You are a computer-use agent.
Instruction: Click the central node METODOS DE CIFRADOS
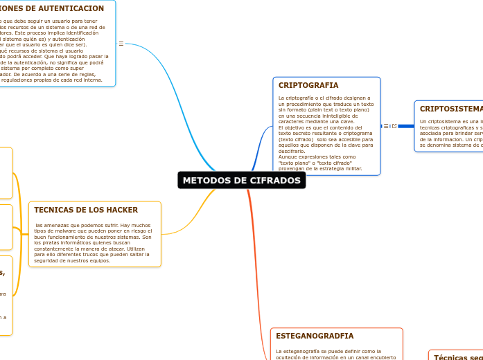click(x=241, y=181)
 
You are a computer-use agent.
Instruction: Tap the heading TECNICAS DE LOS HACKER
click(x=86, y=210)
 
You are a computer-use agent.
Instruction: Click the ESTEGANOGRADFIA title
click(x=315, y=336)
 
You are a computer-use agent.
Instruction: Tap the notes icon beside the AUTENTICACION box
click(x=121, y=44)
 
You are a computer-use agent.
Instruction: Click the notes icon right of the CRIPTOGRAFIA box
click(x=386, y=126)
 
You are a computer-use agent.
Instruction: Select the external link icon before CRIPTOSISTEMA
click(x=394, y=126)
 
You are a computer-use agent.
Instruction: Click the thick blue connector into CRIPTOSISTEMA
click(x=406, y=126)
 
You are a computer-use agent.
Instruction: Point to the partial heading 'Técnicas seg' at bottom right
click(x=458, y=357)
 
